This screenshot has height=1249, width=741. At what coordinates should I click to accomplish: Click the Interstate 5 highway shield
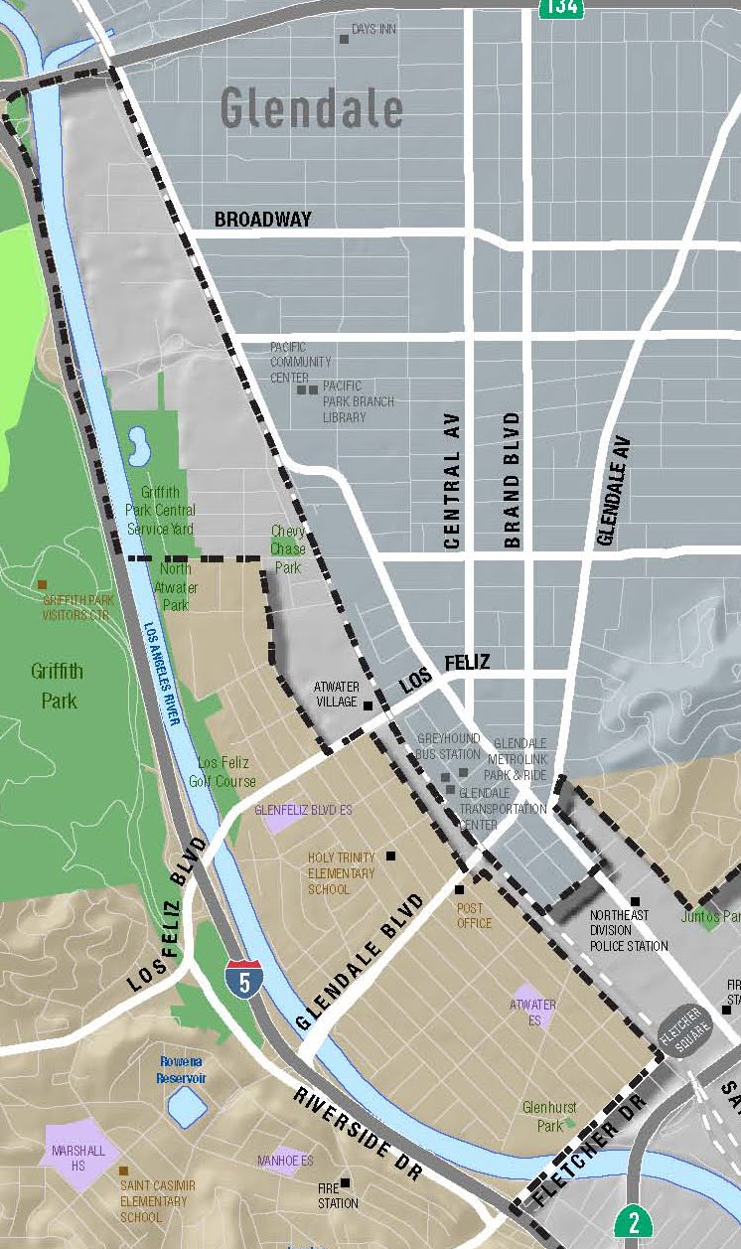click(x=243, y=979)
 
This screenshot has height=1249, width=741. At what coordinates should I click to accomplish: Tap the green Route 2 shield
click(x=633, y=1222)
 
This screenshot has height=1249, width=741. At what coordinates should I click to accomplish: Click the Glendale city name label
click(x=311, y=108)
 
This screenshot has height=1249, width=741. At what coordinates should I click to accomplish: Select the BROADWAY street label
click(x=263, y=220)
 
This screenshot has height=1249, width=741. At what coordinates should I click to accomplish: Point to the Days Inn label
click(x=373, y=30)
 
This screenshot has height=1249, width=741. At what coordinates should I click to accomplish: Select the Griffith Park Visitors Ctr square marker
click(x=42, y=585)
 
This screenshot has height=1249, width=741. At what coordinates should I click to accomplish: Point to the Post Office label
click(x=474, y=915)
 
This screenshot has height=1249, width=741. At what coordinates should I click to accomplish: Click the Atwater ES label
click(x=532, y=1012)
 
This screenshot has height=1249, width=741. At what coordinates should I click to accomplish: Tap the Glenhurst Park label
click(x=543, y=1116)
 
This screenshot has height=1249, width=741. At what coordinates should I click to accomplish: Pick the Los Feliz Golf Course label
click(x=227, y=772)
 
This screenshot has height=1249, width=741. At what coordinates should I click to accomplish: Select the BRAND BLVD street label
click(x=513, y=481)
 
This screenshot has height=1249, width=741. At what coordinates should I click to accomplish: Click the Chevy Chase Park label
click(x=288, y=549)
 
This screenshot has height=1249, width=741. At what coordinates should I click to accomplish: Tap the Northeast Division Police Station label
click(x=628, y=930)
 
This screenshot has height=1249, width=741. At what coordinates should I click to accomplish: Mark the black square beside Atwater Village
click(x=368, y=705)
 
